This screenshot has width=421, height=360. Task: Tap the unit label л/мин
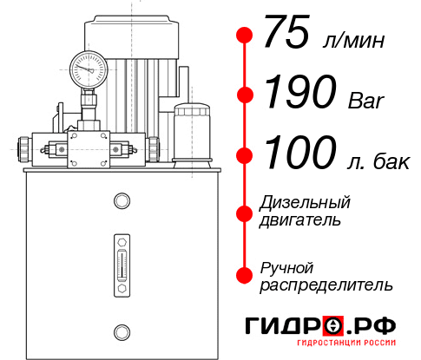click(x=352, y=41)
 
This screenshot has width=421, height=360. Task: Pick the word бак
click(x=388, y=160)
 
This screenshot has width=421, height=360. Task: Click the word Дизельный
click(x=306, y=203)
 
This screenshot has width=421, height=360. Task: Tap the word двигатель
click(x=300, y=220)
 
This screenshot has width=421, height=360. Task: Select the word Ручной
click(x=286, y=267)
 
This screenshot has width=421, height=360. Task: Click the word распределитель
click(x=327, y=285)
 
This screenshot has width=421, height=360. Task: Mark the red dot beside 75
click(x=245, y=36)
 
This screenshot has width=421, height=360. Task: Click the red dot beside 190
click(x=245, y=95)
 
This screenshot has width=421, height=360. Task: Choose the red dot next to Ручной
click(x=245, y=275)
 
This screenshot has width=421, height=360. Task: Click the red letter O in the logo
click(x=332, y=326)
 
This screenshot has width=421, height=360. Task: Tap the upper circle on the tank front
click(x=121, y=201)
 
